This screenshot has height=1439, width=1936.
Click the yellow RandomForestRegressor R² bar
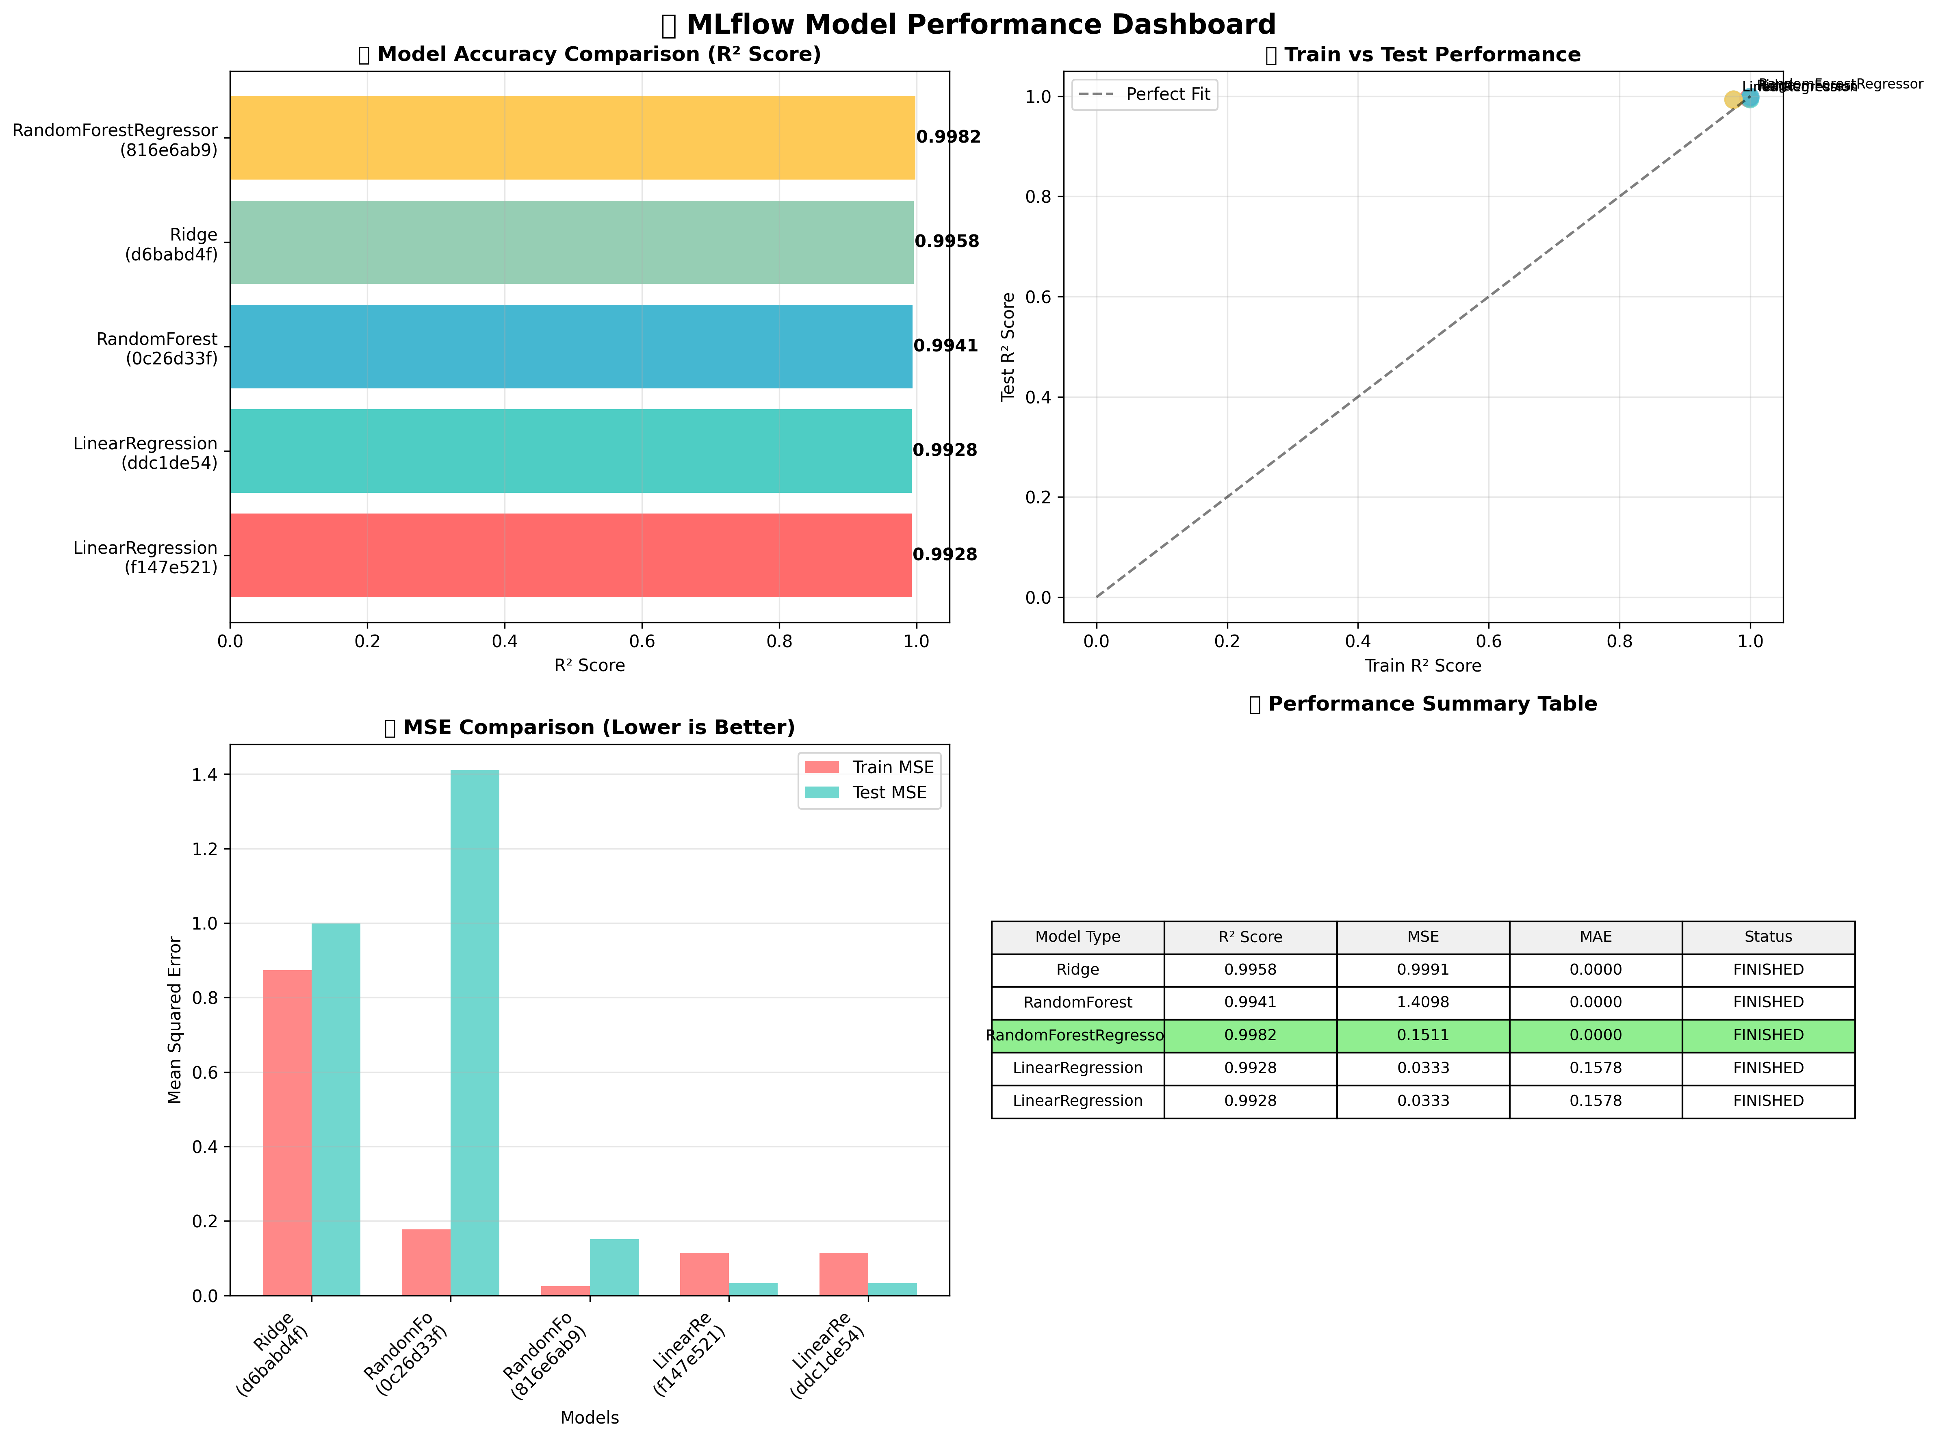pos(572,138)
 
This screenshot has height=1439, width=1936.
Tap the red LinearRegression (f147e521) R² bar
pos(570,555)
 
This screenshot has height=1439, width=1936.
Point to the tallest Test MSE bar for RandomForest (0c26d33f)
pos(475,1032)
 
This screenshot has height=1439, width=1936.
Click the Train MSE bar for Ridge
pos(286,1132)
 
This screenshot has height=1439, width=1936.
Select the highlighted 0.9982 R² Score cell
pos(1250,1036)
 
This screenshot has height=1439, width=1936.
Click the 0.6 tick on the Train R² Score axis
pos(1488,642)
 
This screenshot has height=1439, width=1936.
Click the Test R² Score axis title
pos(1008,347)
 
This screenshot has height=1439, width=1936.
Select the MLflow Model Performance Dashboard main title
pos(980,24)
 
